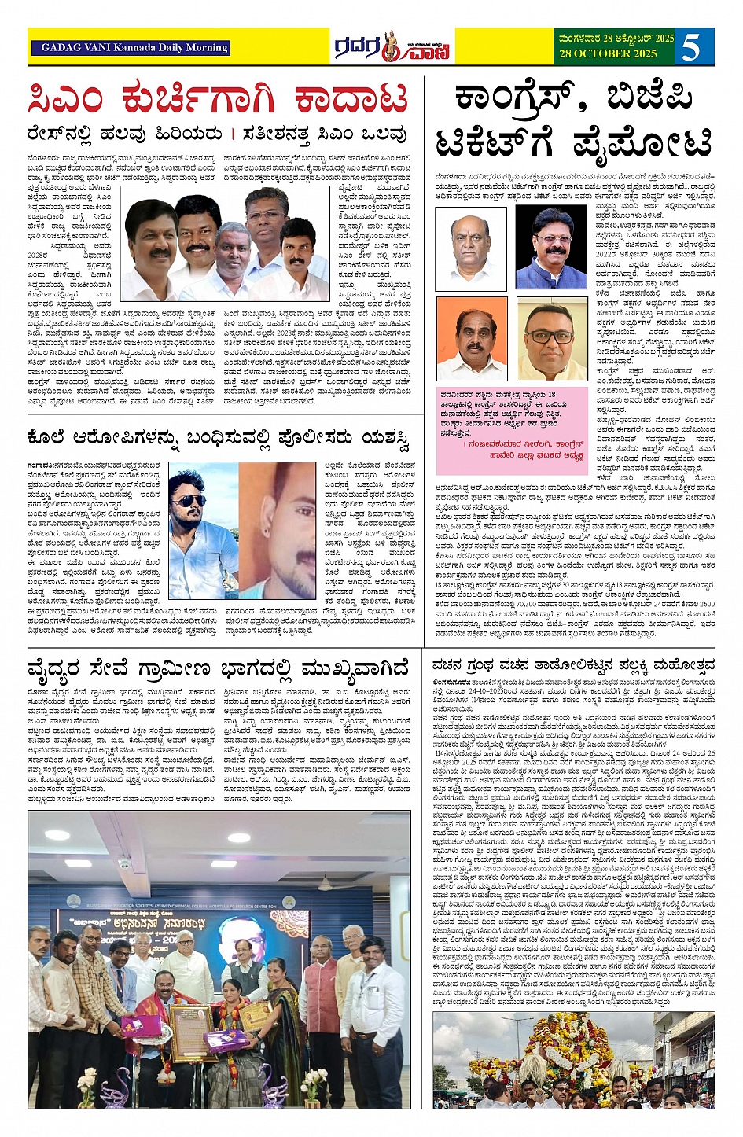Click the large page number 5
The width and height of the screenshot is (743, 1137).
(691, 47)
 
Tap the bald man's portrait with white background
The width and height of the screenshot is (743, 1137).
(472, 248)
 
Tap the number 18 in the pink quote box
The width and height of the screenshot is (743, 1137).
(551, 395)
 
